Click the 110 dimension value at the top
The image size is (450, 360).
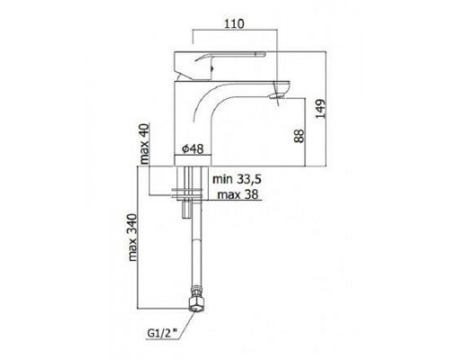[x=234, y=23]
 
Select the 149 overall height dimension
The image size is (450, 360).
[x=320, y=109]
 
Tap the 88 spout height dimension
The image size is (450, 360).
[x=299, y=136]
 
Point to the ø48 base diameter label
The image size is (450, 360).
[x=193, y=148]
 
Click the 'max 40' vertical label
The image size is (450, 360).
[x=145, y=143]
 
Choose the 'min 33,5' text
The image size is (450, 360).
[x=237, y=179]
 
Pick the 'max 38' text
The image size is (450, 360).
[x=238, y=194]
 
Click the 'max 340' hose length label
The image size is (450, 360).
[x=132, y=238]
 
